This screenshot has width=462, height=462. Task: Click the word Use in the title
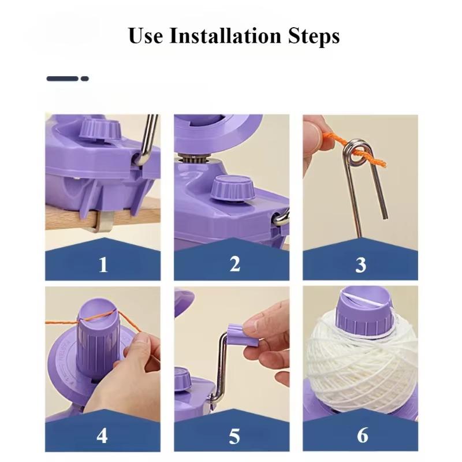pyautogui.click(x=146, y=36)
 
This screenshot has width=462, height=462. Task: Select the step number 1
pyautogui.click(x=103, y=265)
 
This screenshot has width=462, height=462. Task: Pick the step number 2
pyautogui.click(x=234, y=264)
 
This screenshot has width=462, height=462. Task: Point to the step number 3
pyautogui.click(x=360, y=265)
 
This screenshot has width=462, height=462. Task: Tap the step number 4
pyautogui.click(x=102, y=435)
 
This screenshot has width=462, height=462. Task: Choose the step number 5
pyautogui.click(x=234, y=436)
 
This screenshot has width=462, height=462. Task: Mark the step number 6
pyautogui.click(x=362, y=435)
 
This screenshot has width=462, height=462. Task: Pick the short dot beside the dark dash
pyautogui.click(x=84, y=79)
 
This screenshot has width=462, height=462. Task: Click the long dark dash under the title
pyautogui.click(x=62, y=79)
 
